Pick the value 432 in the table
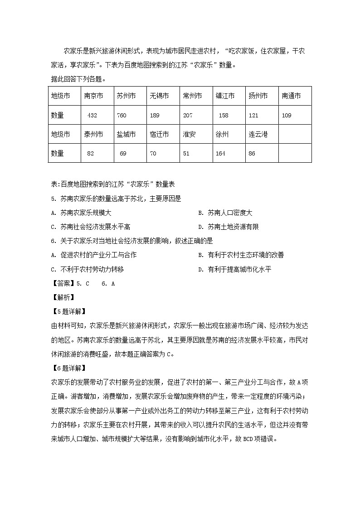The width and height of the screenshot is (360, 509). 92,116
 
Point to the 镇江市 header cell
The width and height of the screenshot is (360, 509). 225,96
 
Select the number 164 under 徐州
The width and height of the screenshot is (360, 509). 220,154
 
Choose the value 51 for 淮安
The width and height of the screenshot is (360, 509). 186,154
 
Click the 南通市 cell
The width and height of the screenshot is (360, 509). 291,96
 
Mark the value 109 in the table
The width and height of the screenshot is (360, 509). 287,116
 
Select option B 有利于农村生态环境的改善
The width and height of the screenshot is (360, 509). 242,255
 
